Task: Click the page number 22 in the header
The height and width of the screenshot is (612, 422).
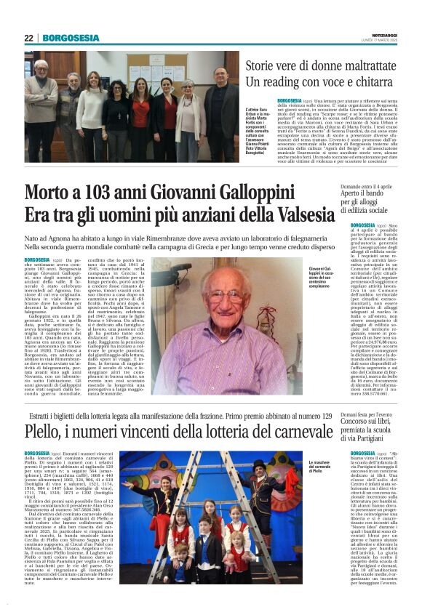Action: tap(28, 38)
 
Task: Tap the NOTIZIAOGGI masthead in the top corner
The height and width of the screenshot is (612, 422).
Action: tap(385, 33)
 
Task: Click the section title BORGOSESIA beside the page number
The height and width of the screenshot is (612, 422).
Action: tap(71, 38)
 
